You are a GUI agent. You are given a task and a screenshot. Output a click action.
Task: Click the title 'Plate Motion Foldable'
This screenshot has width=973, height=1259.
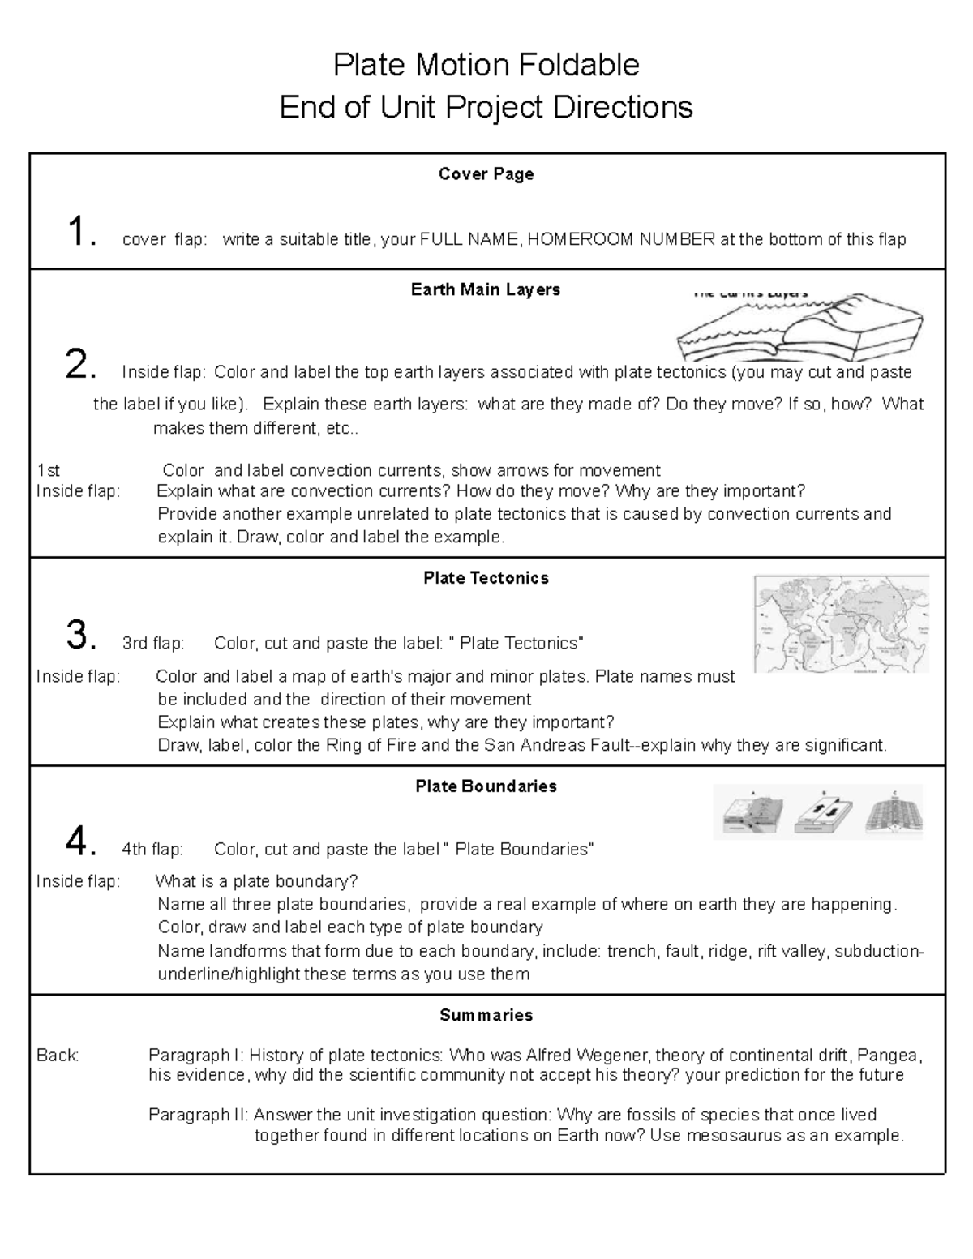pos(486,65)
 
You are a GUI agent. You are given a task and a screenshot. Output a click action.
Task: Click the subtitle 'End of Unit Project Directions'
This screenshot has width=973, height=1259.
pos(486,107)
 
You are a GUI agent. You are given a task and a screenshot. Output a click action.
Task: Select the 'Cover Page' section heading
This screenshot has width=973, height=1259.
pos(486,174)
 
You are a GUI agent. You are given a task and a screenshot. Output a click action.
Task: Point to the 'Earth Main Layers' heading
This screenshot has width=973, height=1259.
pos(486,290)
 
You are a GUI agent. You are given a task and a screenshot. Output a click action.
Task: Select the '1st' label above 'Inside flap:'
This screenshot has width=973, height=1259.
pos(49,471)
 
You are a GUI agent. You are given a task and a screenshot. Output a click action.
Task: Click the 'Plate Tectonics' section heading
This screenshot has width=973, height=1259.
pos(486,579)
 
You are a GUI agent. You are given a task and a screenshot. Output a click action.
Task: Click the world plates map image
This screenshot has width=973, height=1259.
pos(841,624)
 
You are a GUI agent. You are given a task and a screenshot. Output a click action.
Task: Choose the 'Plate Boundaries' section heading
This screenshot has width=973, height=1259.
pos(486,787)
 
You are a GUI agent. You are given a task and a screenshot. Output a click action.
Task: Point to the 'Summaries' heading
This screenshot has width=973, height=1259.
pos(486,1016)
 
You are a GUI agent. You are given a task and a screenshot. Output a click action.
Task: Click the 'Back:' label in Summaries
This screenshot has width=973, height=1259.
pos(58,1056)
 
